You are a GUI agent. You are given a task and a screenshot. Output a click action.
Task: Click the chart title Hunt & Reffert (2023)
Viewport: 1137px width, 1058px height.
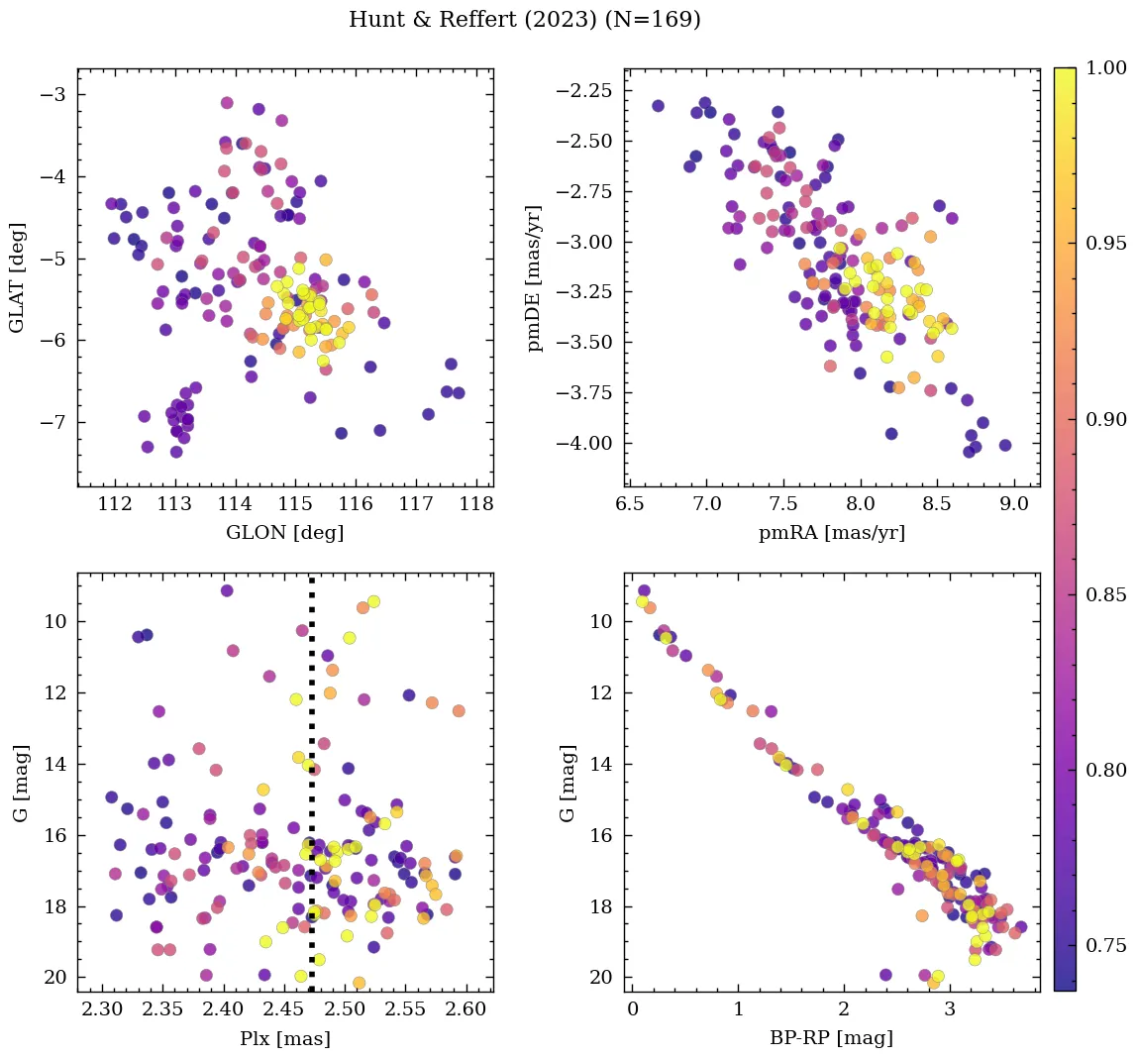(524, 20)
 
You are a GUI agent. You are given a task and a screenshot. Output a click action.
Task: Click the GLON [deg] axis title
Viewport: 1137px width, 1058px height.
(285, 533)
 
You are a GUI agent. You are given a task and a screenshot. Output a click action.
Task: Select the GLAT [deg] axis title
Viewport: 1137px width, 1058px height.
(17, 277)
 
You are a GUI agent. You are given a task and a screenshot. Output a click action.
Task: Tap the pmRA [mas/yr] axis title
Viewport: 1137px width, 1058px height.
(832, 533)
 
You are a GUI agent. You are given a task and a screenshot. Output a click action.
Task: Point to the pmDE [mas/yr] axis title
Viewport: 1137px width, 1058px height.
(536, 277)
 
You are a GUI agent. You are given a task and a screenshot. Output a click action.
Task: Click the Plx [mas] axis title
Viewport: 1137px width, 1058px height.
(285, 1039)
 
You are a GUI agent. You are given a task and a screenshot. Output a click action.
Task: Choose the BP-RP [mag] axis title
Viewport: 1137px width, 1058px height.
(832, 1039)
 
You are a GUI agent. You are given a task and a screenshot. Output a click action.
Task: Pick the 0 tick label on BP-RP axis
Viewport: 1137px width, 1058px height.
(633, 1011)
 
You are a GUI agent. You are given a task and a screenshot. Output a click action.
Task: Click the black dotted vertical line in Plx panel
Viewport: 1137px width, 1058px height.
(312, 793)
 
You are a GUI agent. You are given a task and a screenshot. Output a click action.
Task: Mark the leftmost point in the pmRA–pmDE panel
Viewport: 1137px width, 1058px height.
(658, 106)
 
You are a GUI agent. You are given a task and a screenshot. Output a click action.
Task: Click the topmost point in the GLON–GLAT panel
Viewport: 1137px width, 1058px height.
(227, 103)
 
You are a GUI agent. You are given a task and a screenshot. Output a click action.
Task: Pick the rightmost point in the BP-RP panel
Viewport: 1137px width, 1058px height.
(1021, 927)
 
